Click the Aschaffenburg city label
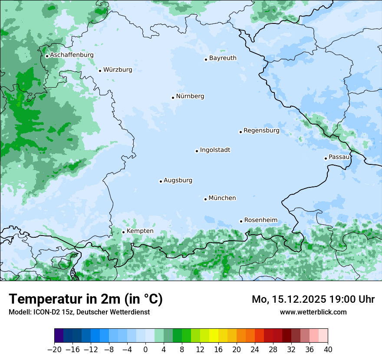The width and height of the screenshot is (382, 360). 72,55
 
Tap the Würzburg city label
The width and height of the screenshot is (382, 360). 118,70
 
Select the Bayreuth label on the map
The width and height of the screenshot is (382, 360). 223,58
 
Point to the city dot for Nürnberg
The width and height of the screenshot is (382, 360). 173,98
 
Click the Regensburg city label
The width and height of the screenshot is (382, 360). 261,131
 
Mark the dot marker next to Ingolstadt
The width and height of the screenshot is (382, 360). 197,151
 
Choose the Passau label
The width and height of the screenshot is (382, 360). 339,157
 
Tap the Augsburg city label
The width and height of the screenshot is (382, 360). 178,180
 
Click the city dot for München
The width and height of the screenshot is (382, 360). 205,200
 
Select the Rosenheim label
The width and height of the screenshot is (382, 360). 260,220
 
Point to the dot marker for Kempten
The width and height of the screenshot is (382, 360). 123,232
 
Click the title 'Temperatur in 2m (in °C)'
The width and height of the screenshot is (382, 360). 86,299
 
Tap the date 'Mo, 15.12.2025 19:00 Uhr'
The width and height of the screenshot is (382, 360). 313,299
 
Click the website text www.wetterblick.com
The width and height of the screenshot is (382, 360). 313,312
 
